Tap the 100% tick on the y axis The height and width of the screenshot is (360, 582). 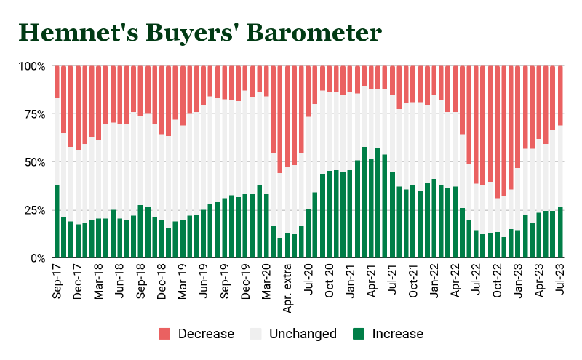click(x=32, y=66)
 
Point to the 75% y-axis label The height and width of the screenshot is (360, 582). click(x=34, y=114)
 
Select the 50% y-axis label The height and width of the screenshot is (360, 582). click(x=34, y=162)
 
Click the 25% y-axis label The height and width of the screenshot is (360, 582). click(x=34, y=210)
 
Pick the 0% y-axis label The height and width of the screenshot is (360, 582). click(x=38, y=258)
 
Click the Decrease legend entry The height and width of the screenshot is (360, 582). click(x=196, y=334)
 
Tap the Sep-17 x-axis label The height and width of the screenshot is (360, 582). click(x=57, y=280)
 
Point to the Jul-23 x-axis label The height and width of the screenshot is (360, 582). click(x=561, y=280)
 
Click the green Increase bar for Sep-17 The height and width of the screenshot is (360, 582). click(x=57, y=221)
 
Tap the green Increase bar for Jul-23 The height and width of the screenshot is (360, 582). click(x=560, y=232)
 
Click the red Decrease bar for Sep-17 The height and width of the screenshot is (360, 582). click(x=57, y=82)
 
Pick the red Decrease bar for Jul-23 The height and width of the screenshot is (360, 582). click(x=560, y=95)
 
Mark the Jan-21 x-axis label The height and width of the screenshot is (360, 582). click(x=351, y=280)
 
